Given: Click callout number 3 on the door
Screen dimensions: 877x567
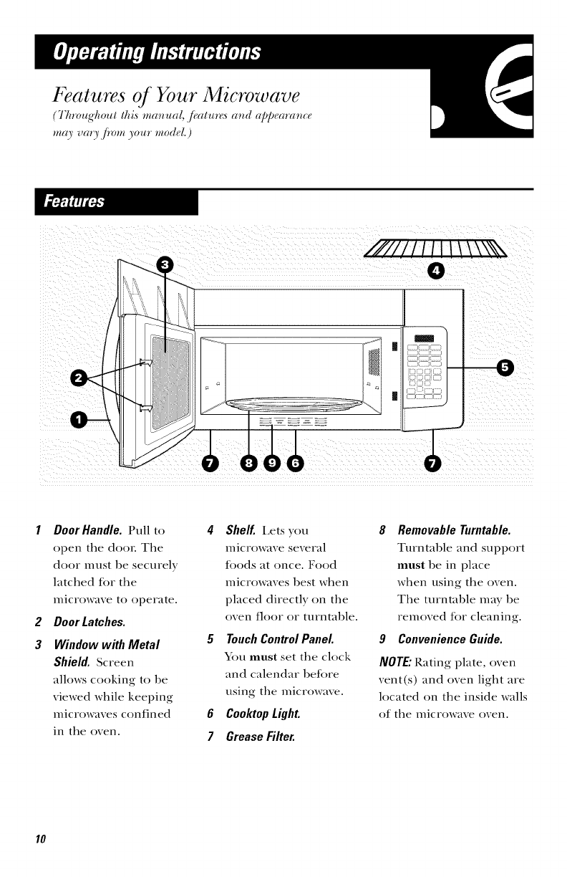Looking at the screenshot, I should (x=165, y=264).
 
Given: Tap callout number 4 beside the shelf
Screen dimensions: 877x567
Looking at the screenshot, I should (x=435, y=270).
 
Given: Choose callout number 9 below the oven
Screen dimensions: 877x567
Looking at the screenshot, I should (x=273, y=464).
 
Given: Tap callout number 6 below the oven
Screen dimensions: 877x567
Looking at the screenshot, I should (x=295, y=464).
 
